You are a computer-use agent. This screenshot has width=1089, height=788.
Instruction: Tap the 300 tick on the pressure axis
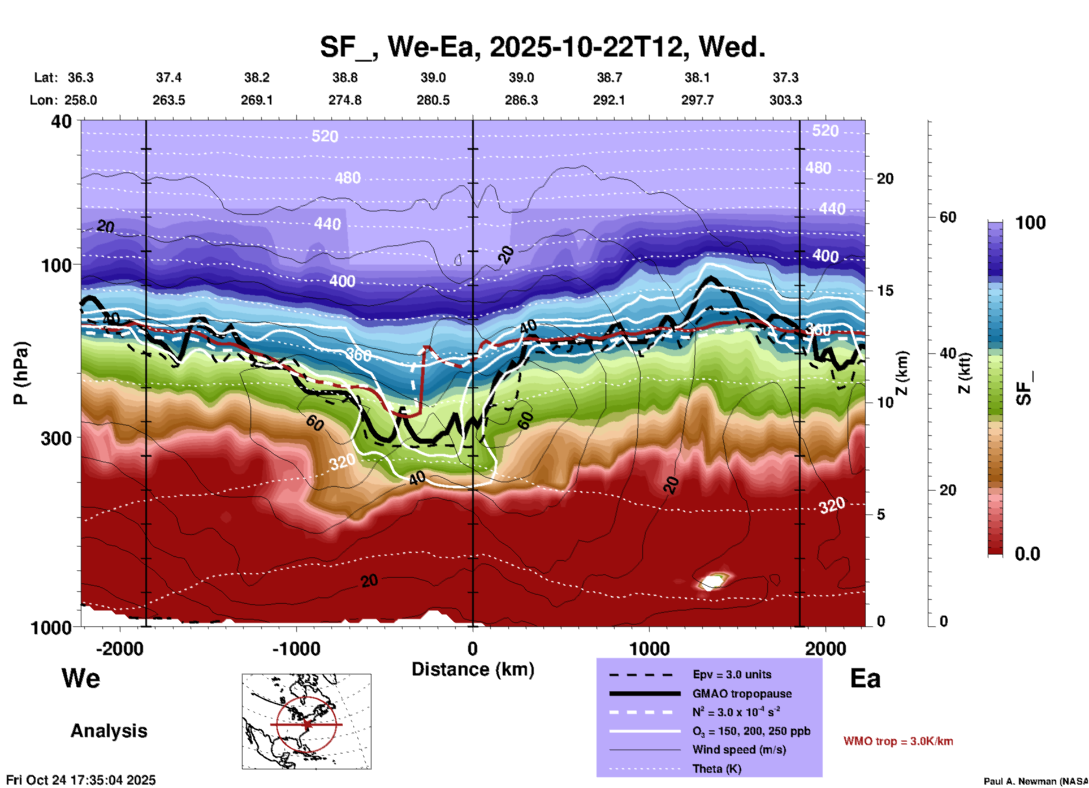point(56,438)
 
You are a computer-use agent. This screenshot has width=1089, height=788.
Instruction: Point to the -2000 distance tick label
point(119,648)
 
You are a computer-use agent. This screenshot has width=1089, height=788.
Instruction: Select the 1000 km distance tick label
point(649,648)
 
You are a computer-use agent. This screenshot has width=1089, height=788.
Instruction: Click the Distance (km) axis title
point(473,669)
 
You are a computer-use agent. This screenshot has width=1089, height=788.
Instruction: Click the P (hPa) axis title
point(21,373)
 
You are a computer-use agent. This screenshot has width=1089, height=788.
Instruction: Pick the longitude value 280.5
point(433,100)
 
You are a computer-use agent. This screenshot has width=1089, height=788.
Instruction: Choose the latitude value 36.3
point(80,77)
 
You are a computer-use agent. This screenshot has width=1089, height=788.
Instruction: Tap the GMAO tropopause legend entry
point(741,694)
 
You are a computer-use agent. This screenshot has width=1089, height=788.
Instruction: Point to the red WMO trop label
point(898,741)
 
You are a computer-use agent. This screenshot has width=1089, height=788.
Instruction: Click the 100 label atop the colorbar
point(1030,223)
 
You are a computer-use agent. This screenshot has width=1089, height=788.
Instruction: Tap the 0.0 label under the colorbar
point(1027,553)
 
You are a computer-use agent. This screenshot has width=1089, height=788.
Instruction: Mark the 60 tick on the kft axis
point(948,217)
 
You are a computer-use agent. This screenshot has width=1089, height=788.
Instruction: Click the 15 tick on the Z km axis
point(885,291)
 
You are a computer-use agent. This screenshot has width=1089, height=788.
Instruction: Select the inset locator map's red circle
point(306,724)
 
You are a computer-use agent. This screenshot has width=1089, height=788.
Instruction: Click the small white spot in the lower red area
point(712,581)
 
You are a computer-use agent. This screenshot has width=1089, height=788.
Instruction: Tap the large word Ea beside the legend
point(865,678)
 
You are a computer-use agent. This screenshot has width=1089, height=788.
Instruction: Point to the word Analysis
point(109,730)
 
